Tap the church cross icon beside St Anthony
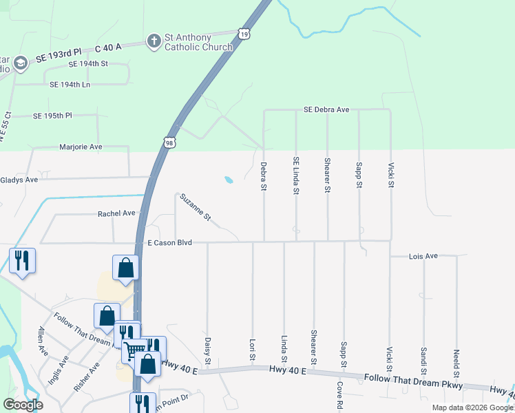click(153, 42)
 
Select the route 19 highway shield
click(244, 32)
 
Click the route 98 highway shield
click(169, 142)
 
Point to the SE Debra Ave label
click(327, 109)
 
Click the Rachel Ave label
click(116, 213)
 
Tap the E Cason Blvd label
click(169, 243)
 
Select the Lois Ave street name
click(423, 256)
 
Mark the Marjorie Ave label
click(81, 147)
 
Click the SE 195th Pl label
click(52, 116)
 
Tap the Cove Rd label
click(339, 396)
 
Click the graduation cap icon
click(20, 63)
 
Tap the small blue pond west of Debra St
click(228, 180)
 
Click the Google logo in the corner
click(23, 405)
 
